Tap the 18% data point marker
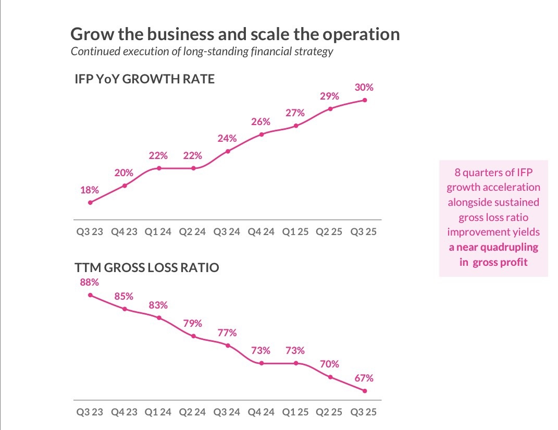pos(90,203)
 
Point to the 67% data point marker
pos(365,391)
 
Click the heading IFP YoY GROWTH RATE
pos(145,80)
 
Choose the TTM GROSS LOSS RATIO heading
pos(147,268)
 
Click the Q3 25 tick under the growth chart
pos(364,231)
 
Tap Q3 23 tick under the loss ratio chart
pos(90,412)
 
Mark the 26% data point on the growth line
pos(262,134)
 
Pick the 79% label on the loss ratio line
pos(193,323)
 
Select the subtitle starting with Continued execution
pos(202,52)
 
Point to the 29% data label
pos(330,96)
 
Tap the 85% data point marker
pos(125,309)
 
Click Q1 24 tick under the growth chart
pos(158,231)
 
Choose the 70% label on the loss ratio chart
pos(330,364)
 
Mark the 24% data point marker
pos(228,151)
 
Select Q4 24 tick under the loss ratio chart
pos(262,412)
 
